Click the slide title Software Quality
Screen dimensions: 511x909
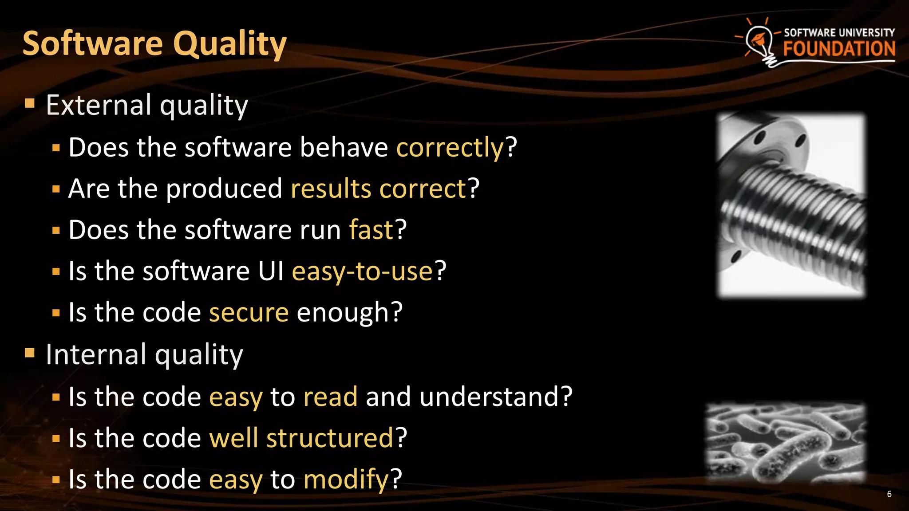point(154,43)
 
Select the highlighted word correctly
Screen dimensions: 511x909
point(450,147)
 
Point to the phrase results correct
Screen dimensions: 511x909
point(378,189)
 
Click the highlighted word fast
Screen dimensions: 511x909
point(371,230)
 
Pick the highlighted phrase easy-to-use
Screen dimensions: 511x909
point(362,271)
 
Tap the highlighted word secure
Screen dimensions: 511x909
point(249,312)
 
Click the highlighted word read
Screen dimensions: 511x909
point(330,397)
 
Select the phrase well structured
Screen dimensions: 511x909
point(301,438)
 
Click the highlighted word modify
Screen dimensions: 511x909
point(346,479)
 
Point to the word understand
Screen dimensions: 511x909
point(490,397)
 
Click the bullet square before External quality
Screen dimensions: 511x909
point(30,104)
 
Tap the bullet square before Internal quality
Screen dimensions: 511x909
point(30,353)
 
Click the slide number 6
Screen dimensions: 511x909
point(889,494)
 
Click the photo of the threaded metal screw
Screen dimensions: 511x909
point(791,205)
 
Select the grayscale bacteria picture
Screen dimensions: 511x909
point(786,443)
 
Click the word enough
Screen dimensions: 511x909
point(343,312)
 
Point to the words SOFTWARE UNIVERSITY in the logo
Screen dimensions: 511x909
point(839,33)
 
